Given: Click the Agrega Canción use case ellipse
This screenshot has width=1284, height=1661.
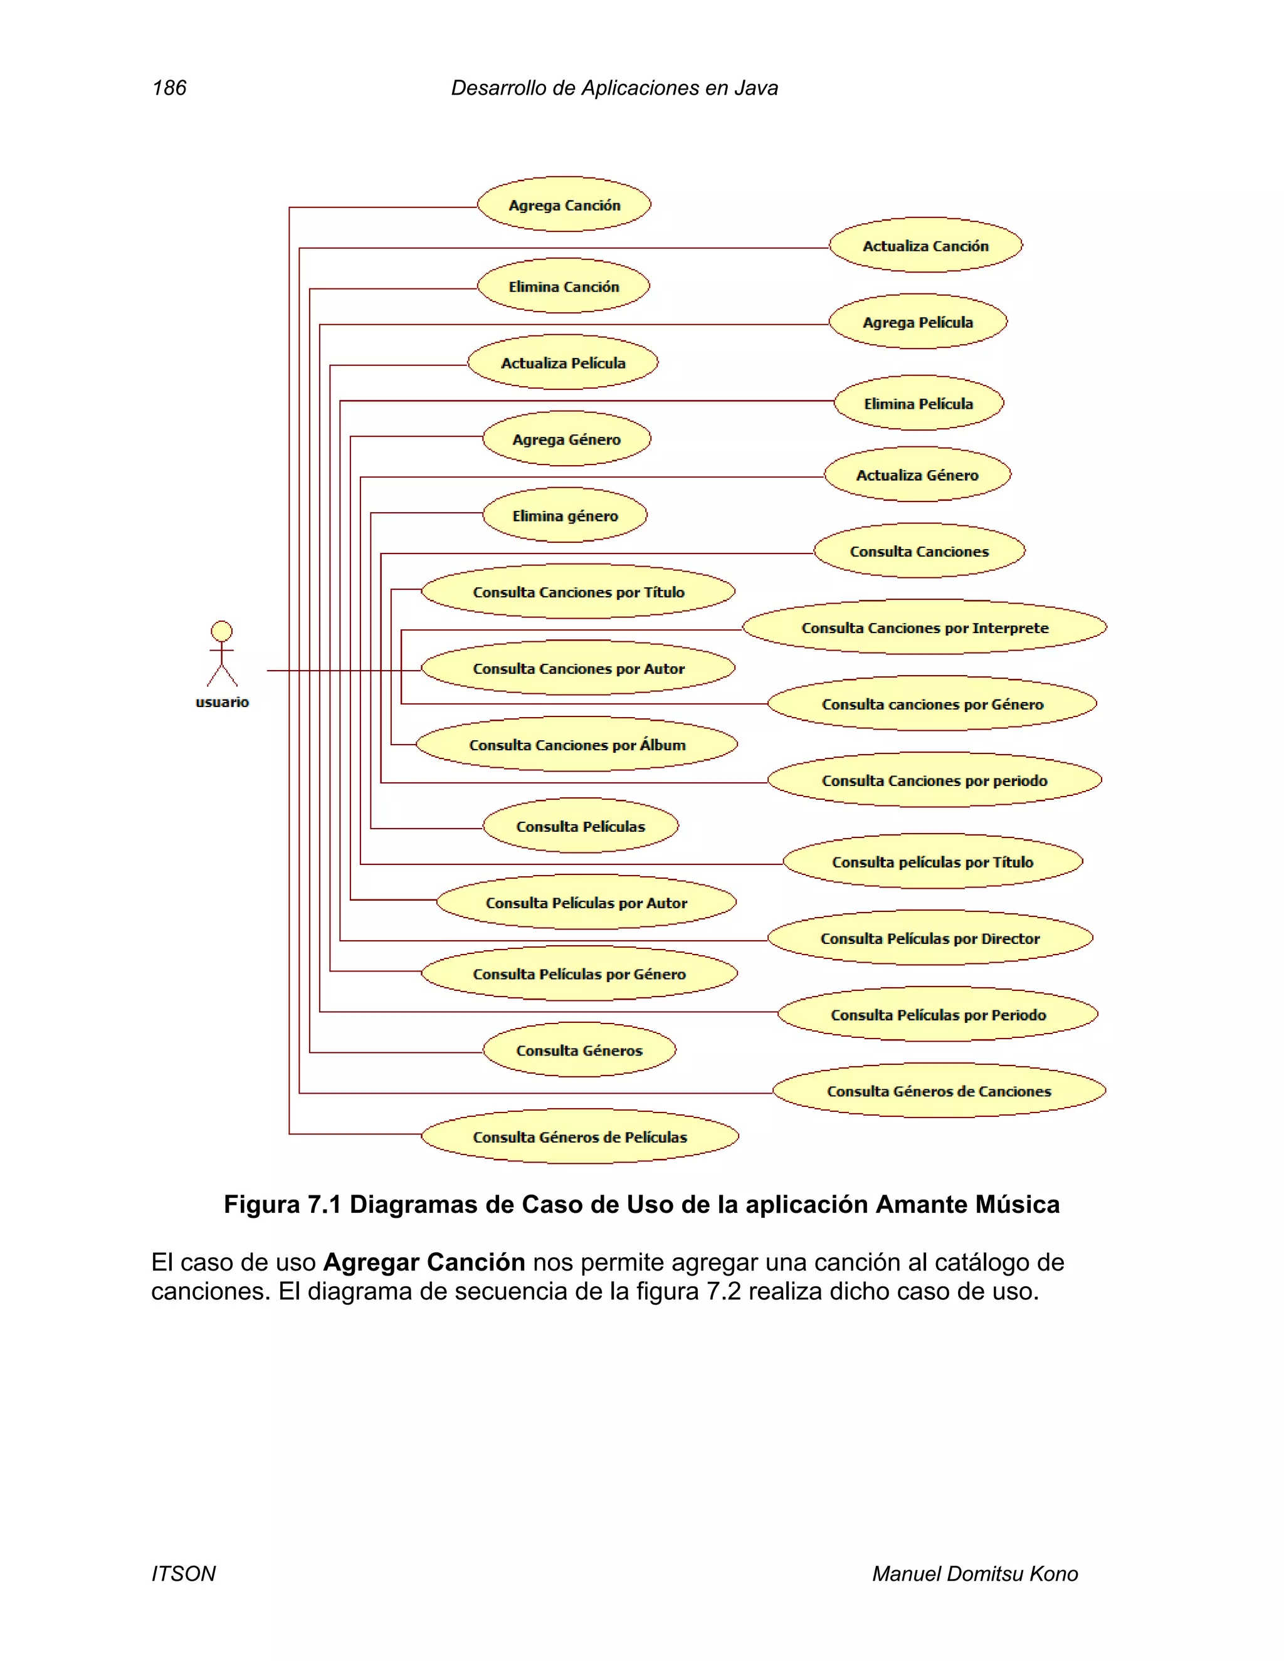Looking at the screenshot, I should click(x=564, y=204).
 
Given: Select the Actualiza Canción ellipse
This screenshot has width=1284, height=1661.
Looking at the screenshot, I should click(x=926, y=246).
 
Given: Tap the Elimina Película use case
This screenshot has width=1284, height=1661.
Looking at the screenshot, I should click(x=919, y=403).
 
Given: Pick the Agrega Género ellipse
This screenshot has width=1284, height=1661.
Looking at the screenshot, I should click(x=567, y=439).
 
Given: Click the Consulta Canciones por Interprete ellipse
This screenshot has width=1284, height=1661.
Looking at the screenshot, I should click(x=924, y=627).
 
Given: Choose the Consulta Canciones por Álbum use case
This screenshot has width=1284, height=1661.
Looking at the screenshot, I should click(x=577, y=745).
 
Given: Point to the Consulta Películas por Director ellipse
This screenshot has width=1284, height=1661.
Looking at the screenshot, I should click(x=930, y=938).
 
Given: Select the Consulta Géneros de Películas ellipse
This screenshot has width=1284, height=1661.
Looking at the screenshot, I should click(x=580, y=1136).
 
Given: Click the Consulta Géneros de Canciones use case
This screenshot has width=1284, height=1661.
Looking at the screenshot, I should click(x=939, y=1091).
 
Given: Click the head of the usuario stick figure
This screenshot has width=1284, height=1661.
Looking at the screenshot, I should click(x=221, y=631).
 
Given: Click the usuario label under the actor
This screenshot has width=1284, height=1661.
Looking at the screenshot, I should click(x=222, y=702).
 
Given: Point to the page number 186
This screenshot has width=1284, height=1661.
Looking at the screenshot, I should click(x=169, y=88).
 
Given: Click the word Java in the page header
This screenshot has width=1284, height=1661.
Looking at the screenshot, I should click(x=756, y=88).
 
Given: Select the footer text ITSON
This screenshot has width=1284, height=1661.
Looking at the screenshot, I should click(x=183, y=1573).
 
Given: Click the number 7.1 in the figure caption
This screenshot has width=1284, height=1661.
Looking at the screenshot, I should click(x=324, y=1205).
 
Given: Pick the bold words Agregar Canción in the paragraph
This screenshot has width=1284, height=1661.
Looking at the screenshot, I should click(x=424, y=1262).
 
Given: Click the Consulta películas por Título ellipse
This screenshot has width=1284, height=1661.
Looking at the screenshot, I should click(x=932, y=862).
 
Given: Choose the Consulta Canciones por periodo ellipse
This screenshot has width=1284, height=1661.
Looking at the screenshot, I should click(x=934, y=780).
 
